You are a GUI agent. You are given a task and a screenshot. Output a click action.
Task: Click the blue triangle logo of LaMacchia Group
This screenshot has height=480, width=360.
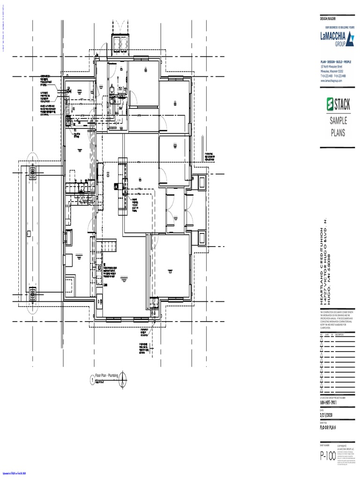(349, 38)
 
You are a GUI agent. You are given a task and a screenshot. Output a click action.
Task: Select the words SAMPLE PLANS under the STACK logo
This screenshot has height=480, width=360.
(337, 127)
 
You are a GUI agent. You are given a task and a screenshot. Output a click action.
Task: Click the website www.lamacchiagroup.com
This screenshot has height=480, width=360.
(331, 81)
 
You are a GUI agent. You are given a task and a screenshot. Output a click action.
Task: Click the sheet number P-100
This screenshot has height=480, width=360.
(328, 456)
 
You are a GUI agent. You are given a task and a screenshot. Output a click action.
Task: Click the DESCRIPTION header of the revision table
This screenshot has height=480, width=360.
(340, 334)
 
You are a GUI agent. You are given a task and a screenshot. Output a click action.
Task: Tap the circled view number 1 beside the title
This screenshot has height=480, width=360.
(92, 379)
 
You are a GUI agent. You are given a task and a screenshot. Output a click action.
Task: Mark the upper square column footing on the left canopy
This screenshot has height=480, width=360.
(33, 173)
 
